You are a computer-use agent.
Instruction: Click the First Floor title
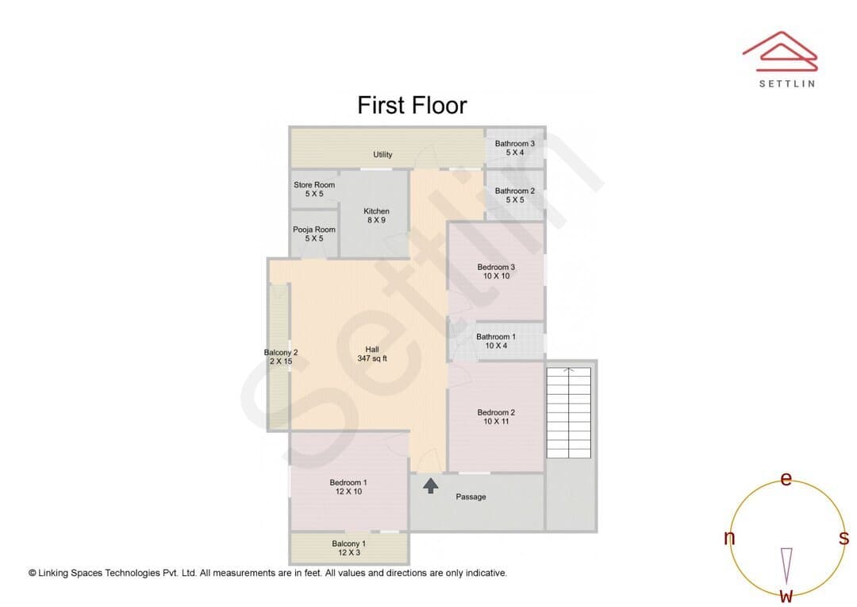(x=412, y=105)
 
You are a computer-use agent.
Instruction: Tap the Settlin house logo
(x=780, y=51)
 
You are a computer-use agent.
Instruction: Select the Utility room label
(x=382, y=154)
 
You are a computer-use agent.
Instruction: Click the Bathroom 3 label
(x=515, y=148)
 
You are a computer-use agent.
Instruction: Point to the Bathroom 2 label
(x=515, y=195)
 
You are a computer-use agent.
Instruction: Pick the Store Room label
(x=314, y=189)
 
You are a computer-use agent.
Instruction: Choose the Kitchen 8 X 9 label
(x=377, y=215)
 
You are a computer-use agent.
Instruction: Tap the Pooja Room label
(x=314, y=234)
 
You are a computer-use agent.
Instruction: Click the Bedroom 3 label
(x=496, y=272)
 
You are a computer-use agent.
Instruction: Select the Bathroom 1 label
(x=496, y=341)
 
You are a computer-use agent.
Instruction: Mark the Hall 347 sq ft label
(x=372, y=354)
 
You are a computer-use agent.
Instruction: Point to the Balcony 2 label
(x=281, y=357)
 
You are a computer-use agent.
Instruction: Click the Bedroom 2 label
(x=496, y=416)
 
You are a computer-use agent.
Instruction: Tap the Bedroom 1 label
(x=348, y=486)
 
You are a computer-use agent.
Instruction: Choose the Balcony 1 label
(x=348, y=548)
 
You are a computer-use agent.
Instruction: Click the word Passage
(x=471, y=497)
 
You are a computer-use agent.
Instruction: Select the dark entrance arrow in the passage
(x=431, y=486)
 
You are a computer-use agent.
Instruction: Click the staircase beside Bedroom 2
(x=569, y=412)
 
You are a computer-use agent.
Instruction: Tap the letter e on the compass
(x=786, y=479)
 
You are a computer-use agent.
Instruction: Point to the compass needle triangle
(x=786, y=566)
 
